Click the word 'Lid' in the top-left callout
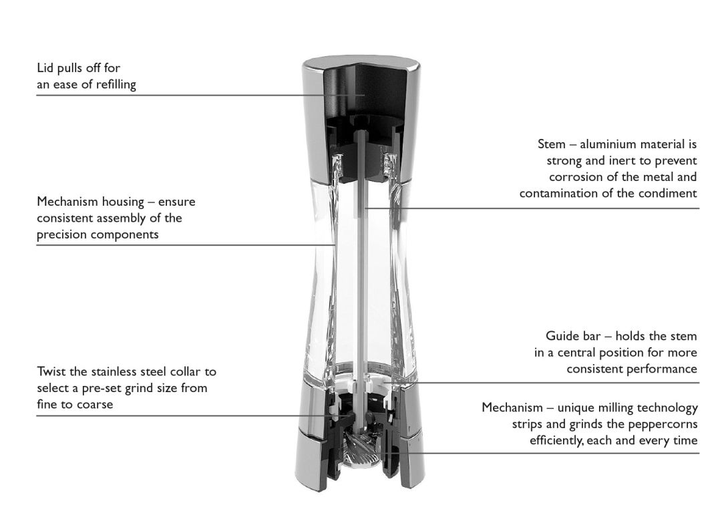pyautogui.click(x=45, y=68)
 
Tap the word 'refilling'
pyautogui.click(x=116, y=85)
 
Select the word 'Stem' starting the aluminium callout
pyautogui.click(x=552, y=144)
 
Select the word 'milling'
pyautogui.click(x=614, y=408)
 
